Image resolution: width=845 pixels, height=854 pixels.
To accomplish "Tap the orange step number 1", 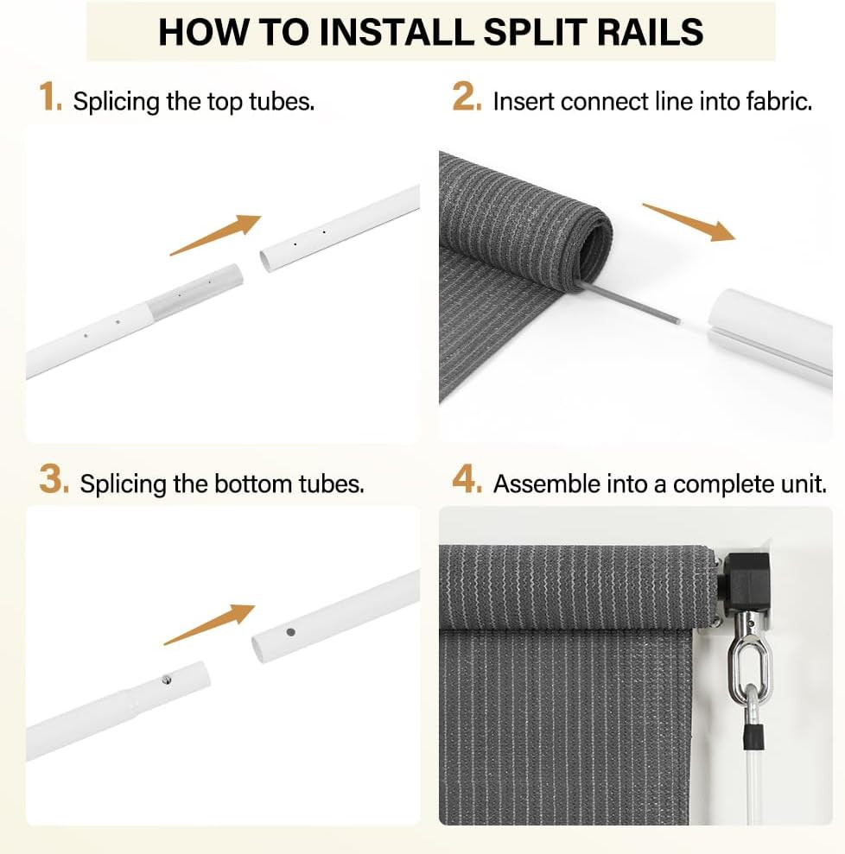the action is pos(49,98).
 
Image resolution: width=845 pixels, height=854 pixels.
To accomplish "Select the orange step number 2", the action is pos(467,98).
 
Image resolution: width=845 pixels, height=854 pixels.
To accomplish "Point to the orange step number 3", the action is pos(54,480).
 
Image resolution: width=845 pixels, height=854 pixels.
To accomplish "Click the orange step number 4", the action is pos(467,480).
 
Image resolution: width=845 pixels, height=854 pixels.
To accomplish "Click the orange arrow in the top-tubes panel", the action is pos(215,235).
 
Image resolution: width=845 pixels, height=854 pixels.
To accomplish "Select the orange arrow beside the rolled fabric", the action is pos(689,222).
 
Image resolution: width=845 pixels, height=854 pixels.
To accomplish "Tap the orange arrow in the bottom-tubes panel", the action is pos(209,624).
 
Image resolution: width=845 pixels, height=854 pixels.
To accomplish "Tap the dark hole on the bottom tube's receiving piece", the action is pos(290,632).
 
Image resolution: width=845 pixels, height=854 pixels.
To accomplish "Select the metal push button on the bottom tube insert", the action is pos(167,680).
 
